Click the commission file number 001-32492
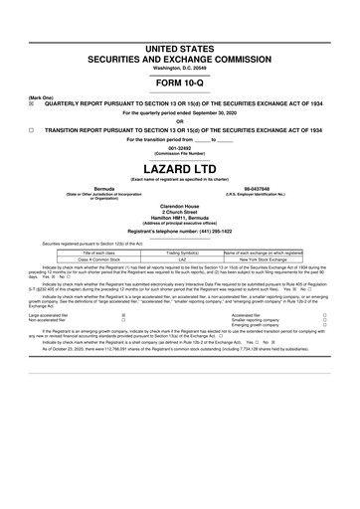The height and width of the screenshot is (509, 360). [x=180, y=148]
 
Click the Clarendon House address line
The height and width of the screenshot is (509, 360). [x=180, y=207]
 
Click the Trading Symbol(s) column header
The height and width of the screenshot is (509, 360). [x=181, y=253]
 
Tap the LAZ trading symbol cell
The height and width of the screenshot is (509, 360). [x=181, y=260]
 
